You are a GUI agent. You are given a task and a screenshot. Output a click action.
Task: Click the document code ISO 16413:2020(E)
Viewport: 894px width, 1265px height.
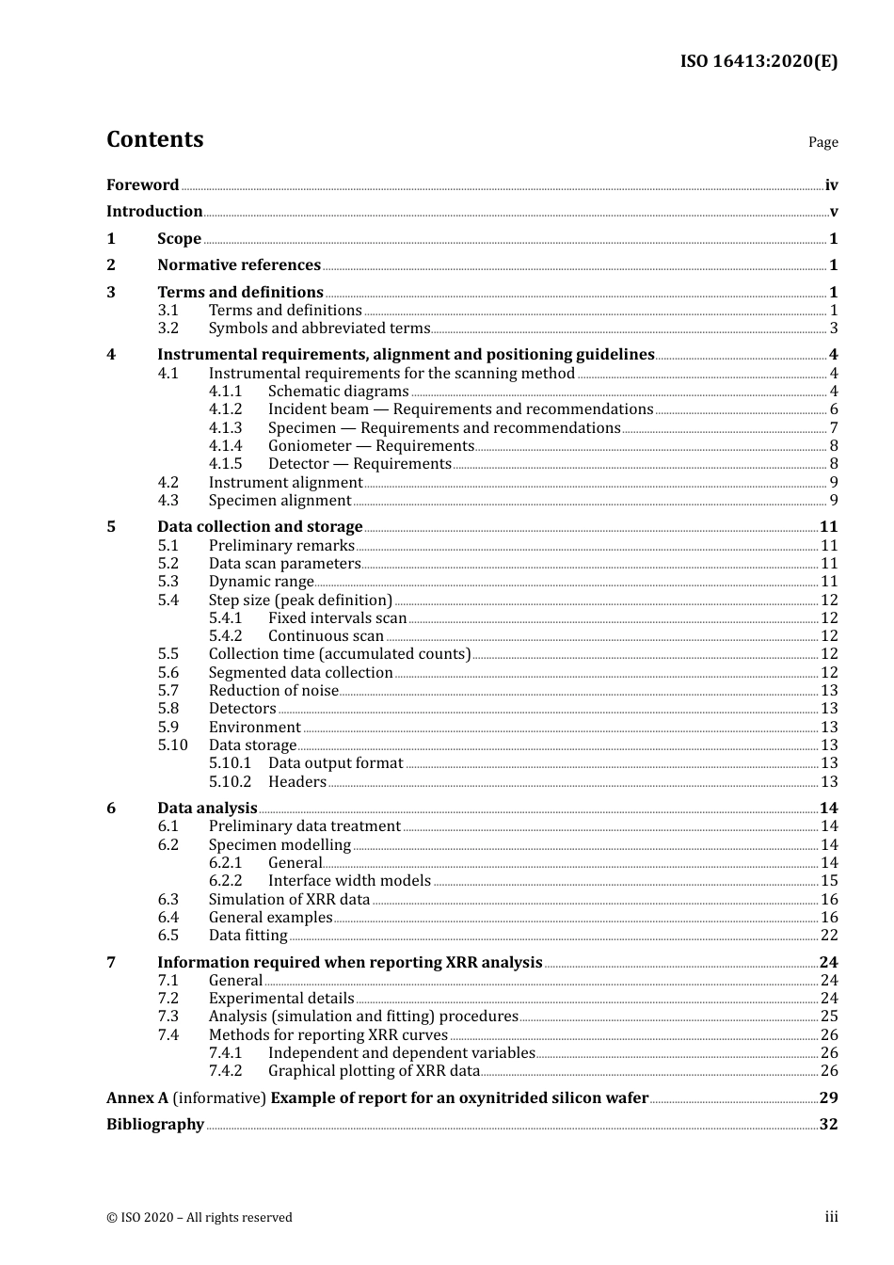tap(758, 61)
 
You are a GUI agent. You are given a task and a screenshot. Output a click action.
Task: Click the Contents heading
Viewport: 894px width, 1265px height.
tap(154, 139)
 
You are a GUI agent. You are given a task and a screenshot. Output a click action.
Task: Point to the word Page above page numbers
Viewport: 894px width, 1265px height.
tap(822, 142)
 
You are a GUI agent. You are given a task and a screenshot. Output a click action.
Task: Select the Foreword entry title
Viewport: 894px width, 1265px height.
tap(142, 185)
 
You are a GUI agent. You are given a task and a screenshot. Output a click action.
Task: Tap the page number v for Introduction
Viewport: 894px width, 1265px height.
tap(833, 212)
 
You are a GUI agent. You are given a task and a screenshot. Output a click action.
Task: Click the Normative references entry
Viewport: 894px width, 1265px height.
tap(239, 265)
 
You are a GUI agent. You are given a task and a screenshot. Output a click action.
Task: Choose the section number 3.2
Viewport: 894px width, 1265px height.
tap(168, 328)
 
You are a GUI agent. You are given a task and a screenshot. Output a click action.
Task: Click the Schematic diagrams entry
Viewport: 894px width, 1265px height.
tap(338, 392)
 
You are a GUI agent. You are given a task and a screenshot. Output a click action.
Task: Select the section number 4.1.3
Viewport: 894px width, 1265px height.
tap(225, 428)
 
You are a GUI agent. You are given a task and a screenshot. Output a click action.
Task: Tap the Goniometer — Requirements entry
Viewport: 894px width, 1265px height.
tap(371, 446)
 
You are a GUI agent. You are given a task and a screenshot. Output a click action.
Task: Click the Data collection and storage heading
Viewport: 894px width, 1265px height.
tap(260, 527)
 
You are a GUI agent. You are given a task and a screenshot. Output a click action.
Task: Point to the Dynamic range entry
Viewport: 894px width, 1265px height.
tap(261, 582)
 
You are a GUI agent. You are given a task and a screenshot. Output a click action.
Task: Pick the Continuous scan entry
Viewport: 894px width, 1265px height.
tap(326, 636)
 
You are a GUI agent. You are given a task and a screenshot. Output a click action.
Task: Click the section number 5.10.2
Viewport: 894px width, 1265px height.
tap(230, 782)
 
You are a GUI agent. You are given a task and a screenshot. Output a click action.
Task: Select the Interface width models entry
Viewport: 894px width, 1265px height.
tap(349, 881)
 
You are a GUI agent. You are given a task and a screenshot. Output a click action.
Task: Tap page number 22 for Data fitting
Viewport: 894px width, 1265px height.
tap(828, 936)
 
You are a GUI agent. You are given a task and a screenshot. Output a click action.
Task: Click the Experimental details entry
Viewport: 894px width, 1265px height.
tap(281, 999)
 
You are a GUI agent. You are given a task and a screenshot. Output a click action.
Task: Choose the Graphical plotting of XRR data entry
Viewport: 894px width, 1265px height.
tap(374, 1071)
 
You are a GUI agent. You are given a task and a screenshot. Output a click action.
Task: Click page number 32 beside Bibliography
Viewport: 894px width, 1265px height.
tap(828, 1125)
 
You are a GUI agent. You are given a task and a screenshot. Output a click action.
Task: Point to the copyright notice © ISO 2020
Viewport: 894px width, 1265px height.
tap(200, 1217)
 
